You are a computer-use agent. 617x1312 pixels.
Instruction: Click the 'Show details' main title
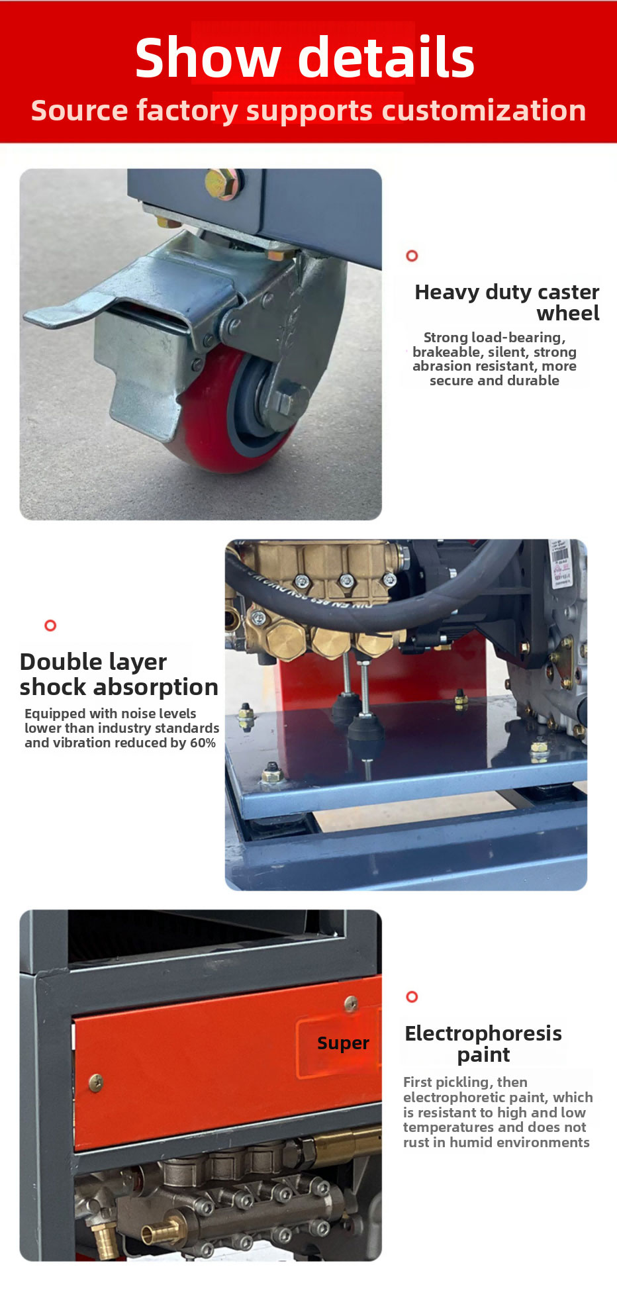click(305, 58)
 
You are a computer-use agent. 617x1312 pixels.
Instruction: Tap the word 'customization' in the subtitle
click(485, 111)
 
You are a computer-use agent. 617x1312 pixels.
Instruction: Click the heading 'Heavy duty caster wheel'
click(507, 303)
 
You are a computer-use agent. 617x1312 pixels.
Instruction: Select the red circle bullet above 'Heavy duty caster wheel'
click(412, 256)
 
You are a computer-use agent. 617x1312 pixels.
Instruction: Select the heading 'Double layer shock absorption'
click(119, 675)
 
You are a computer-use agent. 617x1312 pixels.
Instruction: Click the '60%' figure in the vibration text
click(203, 743)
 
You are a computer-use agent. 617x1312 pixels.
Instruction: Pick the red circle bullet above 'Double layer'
click(50, 626)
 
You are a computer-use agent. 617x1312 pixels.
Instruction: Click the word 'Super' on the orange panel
click(343, 1043)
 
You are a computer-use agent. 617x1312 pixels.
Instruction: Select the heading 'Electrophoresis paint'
click(483, 1044)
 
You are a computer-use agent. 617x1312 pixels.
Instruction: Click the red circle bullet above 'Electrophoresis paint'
click(412, 997)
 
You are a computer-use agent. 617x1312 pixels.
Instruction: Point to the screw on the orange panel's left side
click(96, 1083)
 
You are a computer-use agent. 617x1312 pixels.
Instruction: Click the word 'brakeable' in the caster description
click(448, 352)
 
